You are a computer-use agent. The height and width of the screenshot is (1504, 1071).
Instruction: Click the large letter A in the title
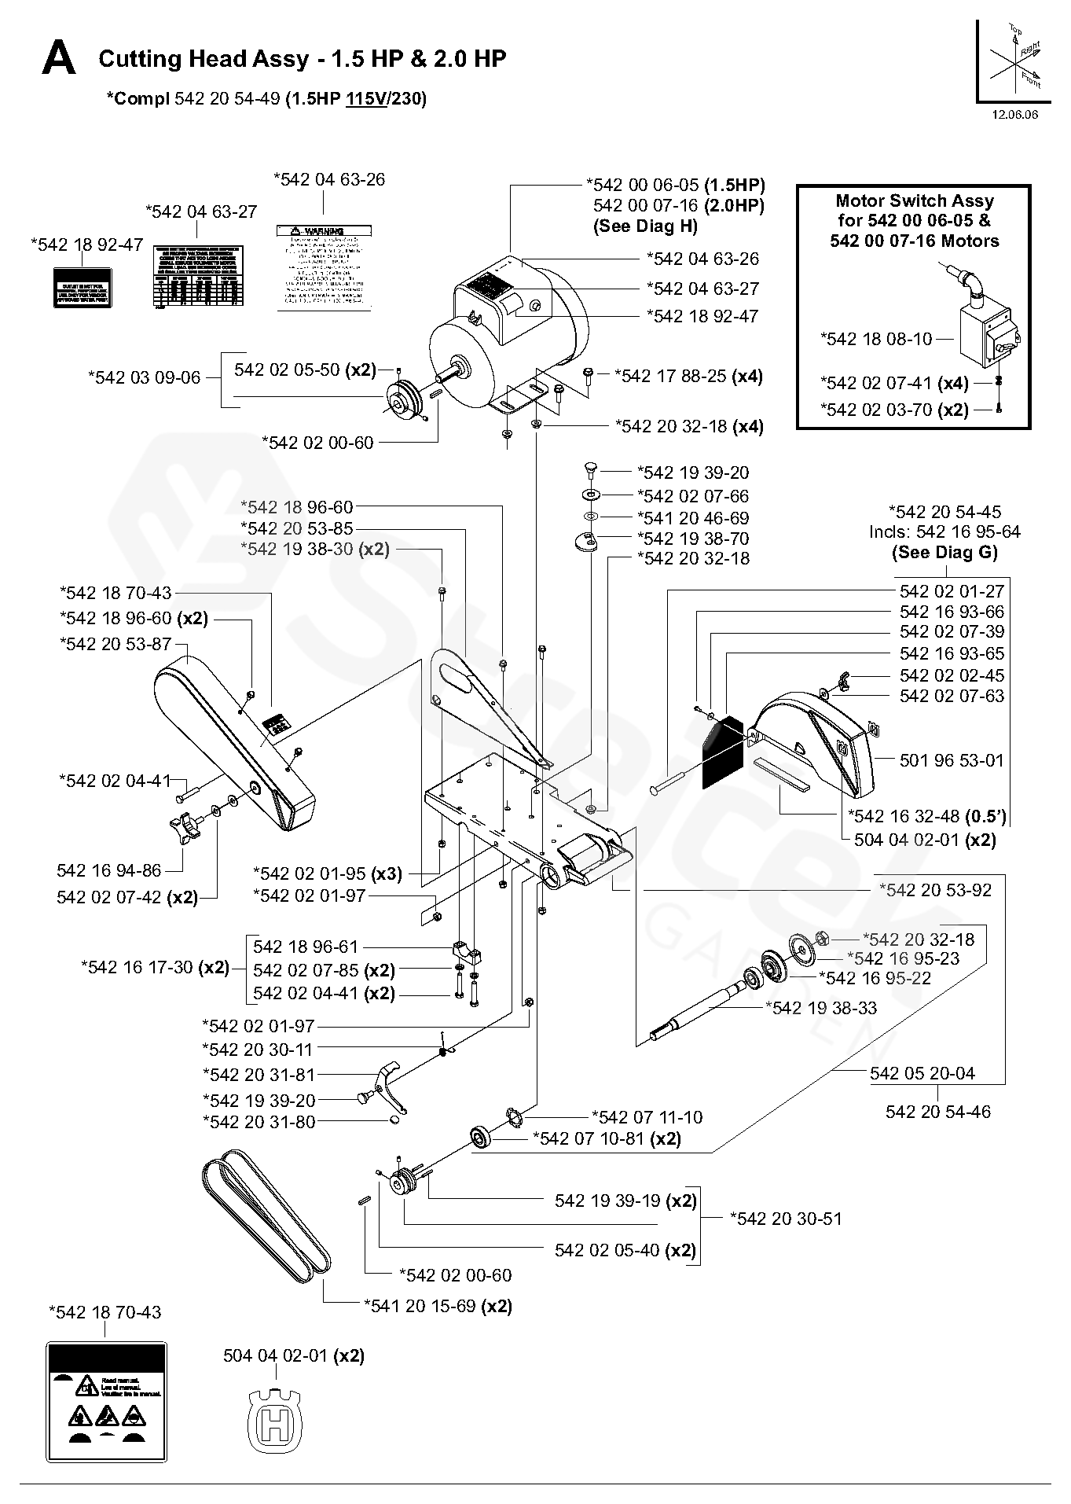(x=59, y=60)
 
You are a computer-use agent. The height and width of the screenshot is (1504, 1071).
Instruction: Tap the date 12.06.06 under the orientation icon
(x=1014, y=115)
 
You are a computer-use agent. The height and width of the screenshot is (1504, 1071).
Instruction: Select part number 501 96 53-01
(x=952, y=760)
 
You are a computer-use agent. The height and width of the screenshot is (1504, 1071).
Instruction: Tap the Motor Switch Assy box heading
(x=914, y=221)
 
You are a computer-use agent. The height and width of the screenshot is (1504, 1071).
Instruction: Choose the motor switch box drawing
(x=989, y=333)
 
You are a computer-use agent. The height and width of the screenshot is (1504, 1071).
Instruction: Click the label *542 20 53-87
(x=116, y=644)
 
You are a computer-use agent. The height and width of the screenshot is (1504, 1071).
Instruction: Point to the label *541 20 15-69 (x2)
(x=438, y=1306)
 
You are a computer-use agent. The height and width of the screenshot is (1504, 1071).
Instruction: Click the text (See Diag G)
(x=944, y=552)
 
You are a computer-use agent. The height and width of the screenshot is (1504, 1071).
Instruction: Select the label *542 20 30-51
(x=786, y=1219)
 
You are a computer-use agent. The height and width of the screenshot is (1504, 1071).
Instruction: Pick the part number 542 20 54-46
(x=937, y=1112)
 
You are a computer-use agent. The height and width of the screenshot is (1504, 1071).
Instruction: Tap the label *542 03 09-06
(x=145, y=377)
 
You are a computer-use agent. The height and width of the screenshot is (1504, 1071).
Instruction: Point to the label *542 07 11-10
(x=647, y=1117)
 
